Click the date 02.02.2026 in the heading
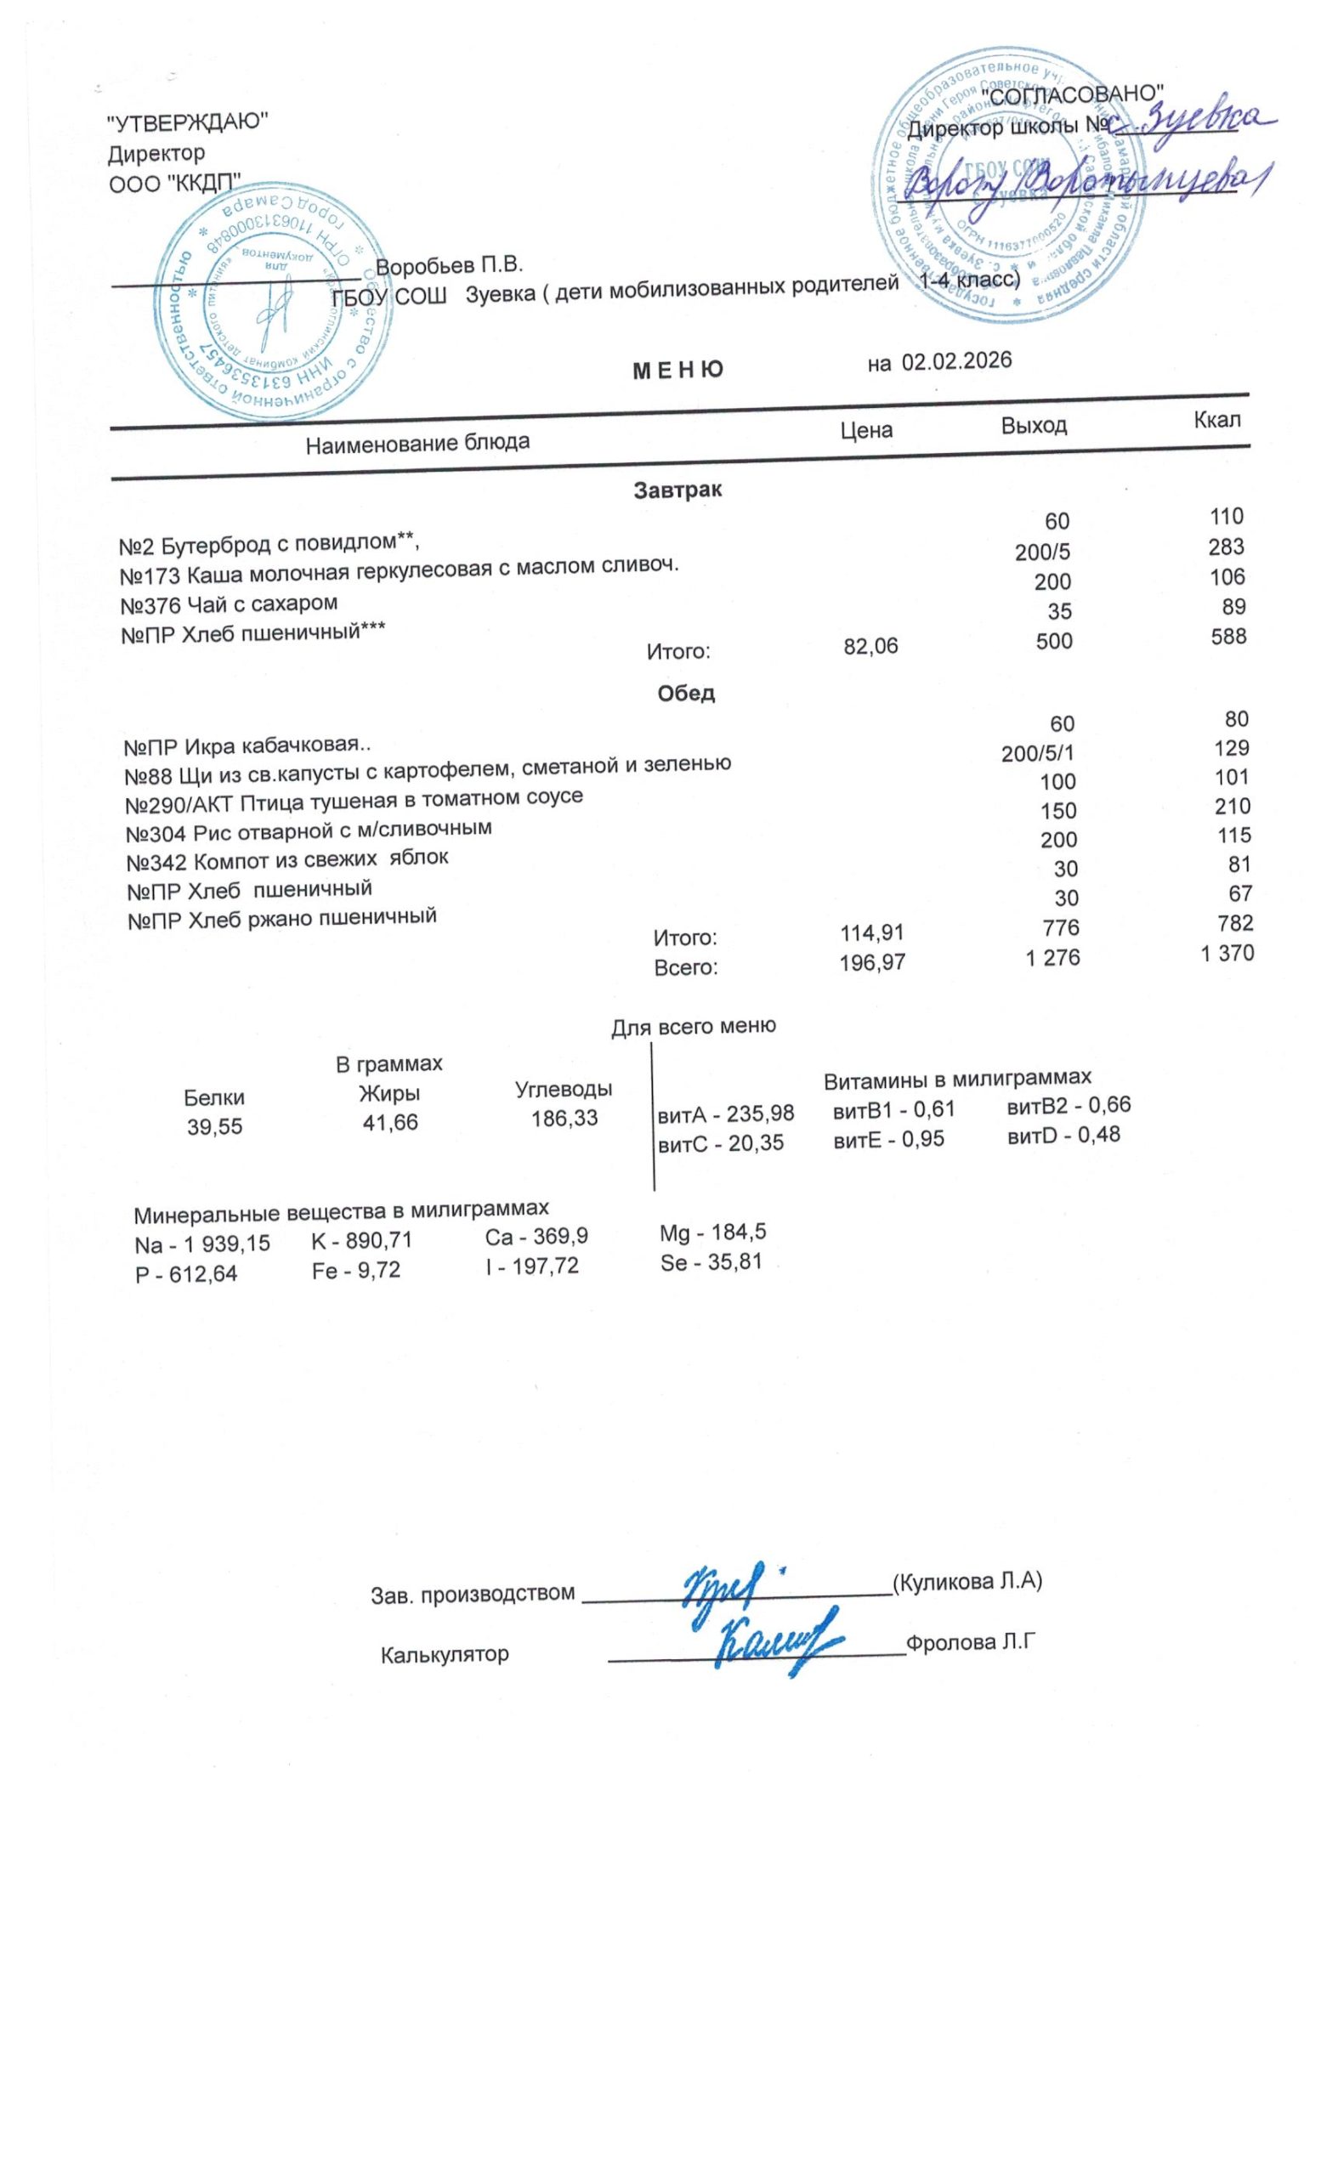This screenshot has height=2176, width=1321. (955, 361)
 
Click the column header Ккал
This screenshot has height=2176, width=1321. (1216, 420)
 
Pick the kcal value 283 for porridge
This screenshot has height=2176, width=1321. (1227, 547)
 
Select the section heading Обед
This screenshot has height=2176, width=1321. (686, 694)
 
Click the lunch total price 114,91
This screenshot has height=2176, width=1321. (871, 932)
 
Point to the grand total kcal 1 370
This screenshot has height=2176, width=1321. (1227, 953)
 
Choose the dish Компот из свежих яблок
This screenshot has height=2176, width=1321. (287, 858)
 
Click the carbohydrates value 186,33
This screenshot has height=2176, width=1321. (564, 1118)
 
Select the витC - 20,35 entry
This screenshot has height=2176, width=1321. (721, 1142)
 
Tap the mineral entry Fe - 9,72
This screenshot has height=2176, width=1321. (356, 1270)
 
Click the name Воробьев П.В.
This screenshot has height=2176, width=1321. (450, 264)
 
